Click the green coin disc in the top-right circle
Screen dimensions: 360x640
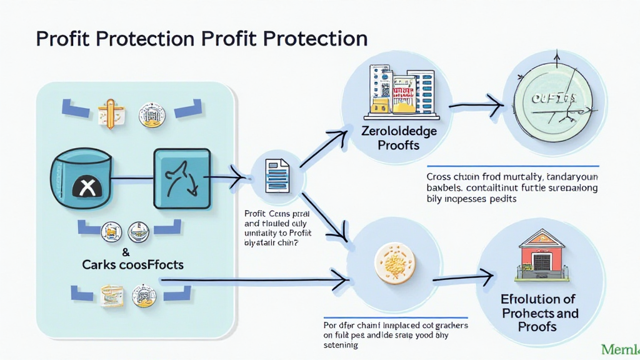[549, 101]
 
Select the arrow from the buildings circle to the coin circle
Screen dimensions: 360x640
[475, 108]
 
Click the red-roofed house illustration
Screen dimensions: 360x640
[541, 256]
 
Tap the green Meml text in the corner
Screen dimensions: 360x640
[619, 349]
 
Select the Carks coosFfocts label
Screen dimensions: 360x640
[133, 264]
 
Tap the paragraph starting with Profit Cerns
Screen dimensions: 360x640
[277, 229]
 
